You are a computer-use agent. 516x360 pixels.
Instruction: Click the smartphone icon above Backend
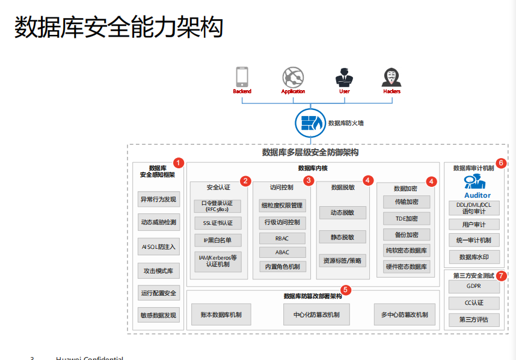click(x=242, y=77)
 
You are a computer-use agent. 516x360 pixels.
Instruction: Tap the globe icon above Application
click(x=293, y=77)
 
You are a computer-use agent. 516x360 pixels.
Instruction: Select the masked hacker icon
click(x=392, y=77)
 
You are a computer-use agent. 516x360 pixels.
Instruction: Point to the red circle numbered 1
click(x=178, y=162)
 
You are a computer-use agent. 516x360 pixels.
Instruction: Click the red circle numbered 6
click(x=502, y=163)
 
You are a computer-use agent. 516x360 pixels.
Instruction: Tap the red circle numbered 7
click(x=502, y=276)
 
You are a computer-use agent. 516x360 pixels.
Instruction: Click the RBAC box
click(x=282, y=238)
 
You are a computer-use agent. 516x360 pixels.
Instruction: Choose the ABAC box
click(x=282, y=252)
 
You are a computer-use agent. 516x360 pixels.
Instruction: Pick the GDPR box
click(x=474, y=287)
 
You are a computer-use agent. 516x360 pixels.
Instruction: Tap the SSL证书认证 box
click(x=217, y=223)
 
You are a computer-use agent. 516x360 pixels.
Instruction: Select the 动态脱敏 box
click(x=342, y=213)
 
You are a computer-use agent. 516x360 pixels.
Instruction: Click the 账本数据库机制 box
click(x=221, y=314)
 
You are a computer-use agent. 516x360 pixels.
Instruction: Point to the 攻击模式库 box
click(x=158, y=271)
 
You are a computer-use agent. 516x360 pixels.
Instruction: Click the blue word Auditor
click(x=478, y=195)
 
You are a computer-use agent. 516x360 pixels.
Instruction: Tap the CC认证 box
click(x=474, y=303)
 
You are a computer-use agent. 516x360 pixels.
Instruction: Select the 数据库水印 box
click(x=474, y=257)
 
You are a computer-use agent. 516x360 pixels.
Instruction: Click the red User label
click(x=344, y=92)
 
